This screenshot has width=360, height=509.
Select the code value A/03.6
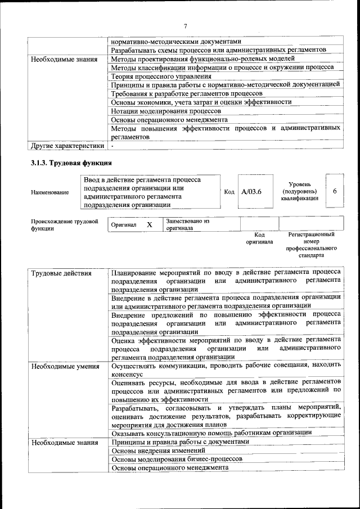(x=251, y=192)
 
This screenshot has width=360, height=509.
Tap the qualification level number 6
(x=334, y=191)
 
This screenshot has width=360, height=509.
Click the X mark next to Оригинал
(x=150, y=225)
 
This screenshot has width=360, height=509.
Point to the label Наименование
(x=51, y=192)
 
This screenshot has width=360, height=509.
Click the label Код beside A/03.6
(x=229, y=192)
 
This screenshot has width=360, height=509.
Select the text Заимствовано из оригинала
(x=187, y=225)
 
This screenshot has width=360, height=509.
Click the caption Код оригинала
(x=259, y=238)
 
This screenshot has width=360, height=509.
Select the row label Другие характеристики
(x=67, y=146)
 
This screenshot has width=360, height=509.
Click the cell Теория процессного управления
(x=161, y=76)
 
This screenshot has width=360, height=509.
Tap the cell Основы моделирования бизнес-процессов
(x=177, y=459)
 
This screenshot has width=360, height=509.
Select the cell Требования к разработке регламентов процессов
(x=187, y=93)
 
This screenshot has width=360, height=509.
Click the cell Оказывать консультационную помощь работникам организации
(x=211, y=433)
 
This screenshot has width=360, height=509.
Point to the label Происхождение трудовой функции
(x=61, y=225)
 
